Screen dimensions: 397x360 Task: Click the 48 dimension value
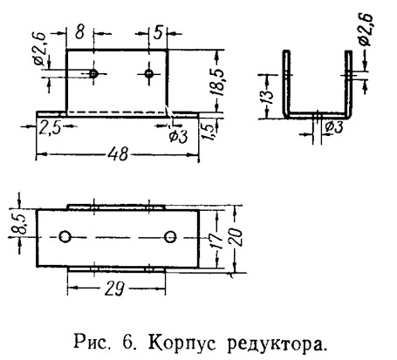[x=118, y=153]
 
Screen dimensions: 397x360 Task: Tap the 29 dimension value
[x=114, y=289]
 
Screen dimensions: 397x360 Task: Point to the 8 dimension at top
[x=79, y=32]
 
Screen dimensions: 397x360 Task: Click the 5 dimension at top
[x=158, y=32]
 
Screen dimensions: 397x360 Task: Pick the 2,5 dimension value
[x=51, y=127]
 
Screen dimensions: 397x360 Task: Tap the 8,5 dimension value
[x=17, y=224]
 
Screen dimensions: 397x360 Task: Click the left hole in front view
[x=93, y=74]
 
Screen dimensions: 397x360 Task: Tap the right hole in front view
[x=149, y=73]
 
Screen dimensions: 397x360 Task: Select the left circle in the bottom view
[x=65, y=237]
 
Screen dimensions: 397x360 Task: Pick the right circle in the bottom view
[x=170, y=237]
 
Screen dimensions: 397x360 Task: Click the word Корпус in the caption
[x=182, y=343]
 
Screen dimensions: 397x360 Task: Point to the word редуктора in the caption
[x=276, y=344]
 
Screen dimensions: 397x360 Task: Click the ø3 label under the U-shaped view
[x=334, y=127]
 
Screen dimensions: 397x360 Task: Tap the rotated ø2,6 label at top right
[x=366, y=30]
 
